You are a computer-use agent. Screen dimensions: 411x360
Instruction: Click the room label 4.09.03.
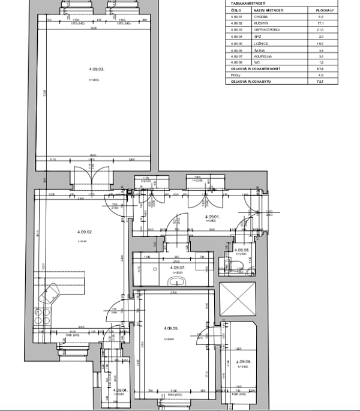[96, 69]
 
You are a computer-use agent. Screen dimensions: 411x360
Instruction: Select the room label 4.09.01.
[212, 217]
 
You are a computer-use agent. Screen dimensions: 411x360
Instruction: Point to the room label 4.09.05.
[172, 328]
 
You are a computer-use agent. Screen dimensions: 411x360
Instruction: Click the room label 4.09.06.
[244, 361]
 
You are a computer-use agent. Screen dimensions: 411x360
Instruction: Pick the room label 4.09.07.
[177, 268]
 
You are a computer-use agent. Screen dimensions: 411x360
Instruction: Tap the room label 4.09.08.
[241, 250]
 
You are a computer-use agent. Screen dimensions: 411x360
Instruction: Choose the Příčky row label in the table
[236, 75]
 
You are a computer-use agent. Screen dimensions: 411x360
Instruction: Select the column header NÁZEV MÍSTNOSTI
[268, 10]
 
